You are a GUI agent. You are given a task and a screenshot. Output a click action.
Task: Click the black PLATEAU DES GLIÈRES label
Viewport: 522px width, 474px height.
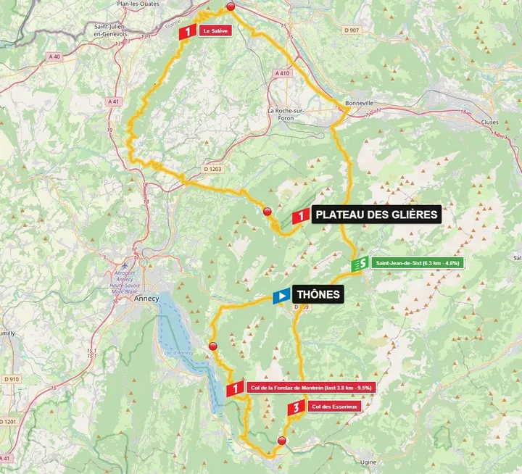[x=376, y=214]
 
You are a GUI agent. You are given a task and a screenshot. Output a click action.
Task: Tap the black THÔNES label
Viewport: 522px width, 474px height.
[x=317, y=295]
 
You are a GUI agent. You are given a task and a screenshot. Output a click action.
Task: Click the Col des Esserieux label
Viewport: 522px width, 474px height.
[x=333, y=407]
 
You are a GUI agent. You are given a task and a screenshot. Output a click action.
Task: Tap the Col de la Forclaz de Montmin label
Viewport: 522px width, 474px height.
[x=310, y=388]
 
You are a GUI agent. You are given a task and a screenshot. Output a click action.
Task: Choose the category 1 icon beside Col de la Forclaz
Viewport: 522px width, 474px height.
[x=234, y=389]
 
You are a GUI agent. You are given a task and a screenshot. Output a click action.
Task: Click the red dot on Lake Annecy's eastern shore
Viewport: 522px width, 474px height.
[x=212, y=346]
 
